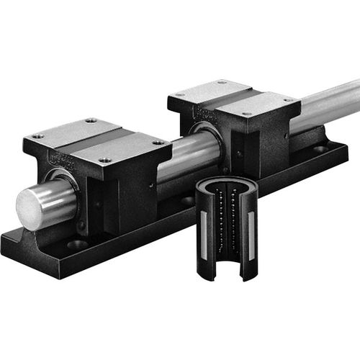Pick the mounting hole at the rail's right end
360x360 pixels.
[x=319, y=149]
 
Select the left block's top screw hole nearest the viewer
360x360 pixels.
[x=106, y=160]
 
